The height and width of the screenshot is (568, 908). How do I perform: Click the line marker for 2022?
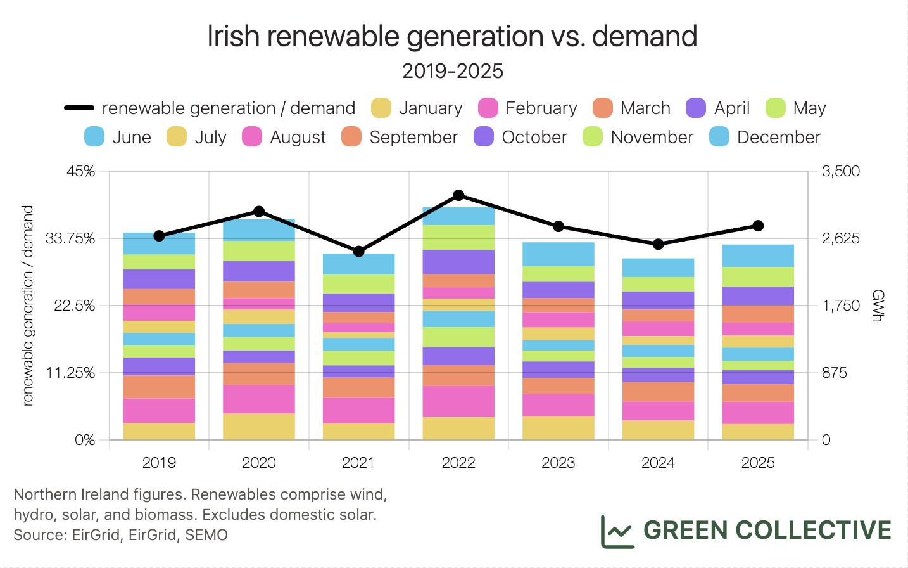[458, 195]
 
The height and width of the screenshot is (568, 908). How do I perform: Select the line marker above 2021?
[359, 252]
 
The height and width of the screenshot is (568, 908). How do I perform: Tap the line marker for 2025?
[758, 226]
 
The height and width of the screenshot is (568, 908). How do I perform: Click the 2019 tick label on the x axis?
[159, 463]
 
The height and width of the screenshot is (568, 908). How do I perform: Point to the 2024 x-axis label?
[658, 463]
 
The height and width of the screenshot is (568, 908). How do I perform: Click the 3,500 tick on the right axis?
[840, 171]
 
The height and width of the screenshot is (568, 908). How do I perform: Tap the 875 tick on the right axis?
[834, 373]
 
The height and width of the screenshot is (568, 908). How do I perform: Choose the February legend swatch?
[488, 108]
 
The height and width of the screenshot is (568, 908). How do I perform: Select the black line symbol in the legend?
[79, 108]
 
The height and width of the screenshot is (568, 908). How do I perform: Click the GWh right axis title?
[877, 306]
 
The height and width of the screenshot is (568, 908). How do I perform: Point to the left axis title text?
[27, 306]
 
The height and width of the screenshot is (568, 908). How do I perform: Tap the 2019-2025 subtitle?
[453, 71]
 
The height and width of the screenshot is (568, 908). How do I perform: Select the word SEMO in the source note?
[206, 535]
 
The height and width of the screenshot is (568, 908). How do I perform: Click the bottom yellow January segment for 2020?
[259, 427]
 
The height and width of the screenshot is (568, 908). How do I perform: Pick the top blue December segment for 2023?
[558, 254]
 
